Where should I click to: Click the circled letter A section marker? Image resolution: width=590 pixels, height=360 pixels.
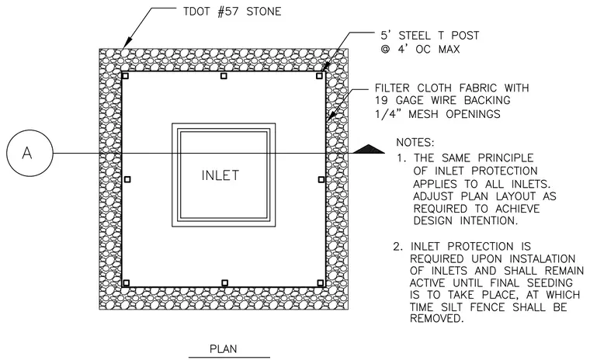click(x=29, y=153)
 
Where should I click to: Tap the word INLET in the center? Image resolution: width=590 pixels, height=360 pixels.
click(x=220, y=175)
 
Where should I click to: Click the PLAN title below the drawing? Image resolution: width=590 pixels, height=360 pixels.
click(x=223, y=348)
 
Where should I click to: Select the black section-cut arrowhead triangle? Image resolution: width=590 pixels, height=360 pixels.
click(x=369, y=149)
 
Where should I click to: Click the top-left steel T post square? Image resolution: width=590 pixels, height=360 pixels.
click(x=126, y=76)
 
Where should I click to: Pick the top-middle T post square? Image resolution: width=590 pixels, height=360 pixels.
click(x=224, y=76)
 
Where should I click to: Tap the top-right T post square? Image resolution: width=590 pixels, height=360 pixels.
click(x=320, y=76)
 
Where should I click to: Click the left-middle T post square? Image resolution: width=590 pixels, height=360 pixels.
click(x=127, y=179)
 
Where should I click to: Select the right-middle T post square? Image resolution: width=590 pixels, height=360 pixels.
click(x=321, y=179)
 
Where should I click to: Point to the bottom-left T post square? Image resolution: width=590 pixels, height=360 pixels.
click(x=127, y=283)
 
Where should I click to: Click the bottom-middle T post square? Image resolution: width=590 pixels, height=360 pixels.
click(x=224, y=283)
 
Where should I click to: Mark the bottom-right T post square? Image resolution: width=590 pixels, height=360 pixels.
click(x=321, y=283)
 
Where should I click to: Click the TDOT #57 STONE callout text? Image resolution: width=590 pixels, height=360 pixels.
click(x=232, y=12)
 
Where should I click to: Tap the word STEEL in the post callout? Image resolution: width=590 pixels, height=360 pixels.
click(x=415, y=36)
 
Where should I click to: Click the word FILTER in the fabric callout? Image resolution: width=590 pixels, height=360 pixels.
click(x=392, y=88)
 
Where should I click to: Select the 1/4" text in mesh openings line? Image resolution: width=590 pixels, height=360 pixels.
click(x=387, y=113)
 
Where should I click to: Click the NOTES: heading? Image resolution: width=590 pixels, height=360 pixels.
click(x=415, y=143)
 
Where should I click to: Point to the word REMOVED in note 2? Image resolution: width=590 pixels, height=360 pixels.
click(x=436, y=319)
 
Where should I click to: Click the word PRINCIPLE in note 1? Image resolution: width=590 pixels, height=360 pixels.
click(x=505, y=157)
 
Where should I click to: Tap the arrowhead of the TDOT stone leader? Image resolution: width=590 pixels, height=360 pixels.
click(x=127, y=43)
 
